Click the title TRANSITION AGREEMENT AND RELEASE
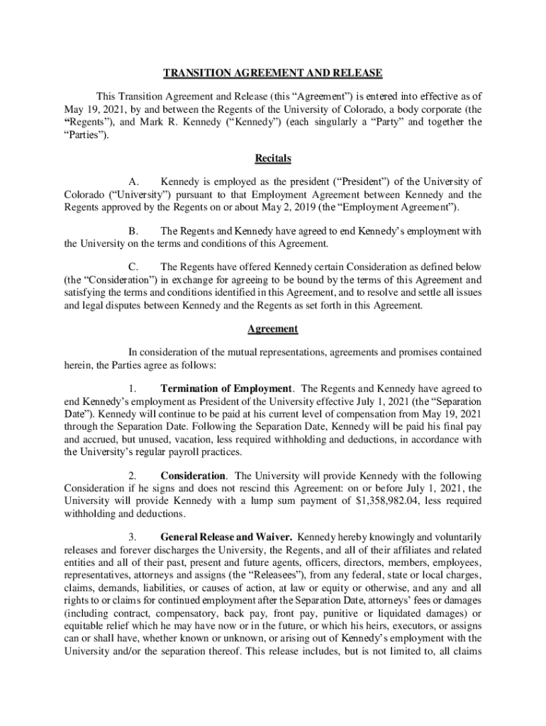(x=273, y=73)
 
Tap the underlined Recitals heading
(x=273, y=158)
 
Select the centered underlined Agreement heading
(x=273, y=329)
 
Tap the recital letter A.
(x=133, y=182)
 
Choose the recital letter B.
(x=133, y=231)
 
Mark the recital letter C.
(x=133, y=267)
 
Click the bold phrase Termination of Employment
(x=226, y=389)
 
